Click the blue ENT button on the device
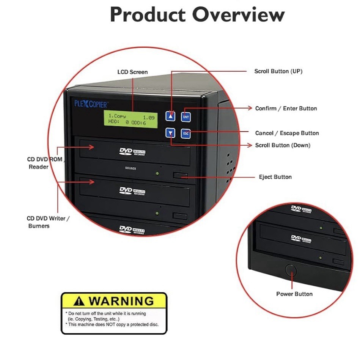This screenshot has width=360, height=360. point(186,117)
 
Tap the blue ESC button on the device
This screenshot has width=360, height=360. point(186,134)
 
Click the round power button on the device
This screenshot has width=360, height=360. point(291,270)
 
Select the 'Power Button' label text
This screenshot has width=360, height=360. point(294,294)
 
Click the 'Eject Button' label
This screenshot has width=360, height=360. point(275,177)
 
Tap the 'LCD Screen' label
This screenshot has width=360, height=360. point(132,72)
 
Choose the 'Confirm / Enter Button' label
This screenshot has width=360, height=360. point(286,108)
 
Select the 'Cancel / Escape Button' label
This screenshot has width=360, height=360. point(287,133)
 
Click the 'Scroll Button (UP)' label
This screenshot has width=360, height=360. point(278,71)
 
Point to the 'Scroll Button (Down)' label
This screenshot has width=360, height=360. point(283,145)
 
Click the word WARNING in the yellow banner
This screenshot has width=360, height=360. point(121,301)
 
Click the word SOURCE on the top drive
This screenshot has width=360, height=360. point(130,168)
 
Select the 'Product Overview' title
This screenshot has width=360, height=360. point(197,15)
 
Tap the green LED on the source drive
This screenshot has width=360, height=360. point(157,174)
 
